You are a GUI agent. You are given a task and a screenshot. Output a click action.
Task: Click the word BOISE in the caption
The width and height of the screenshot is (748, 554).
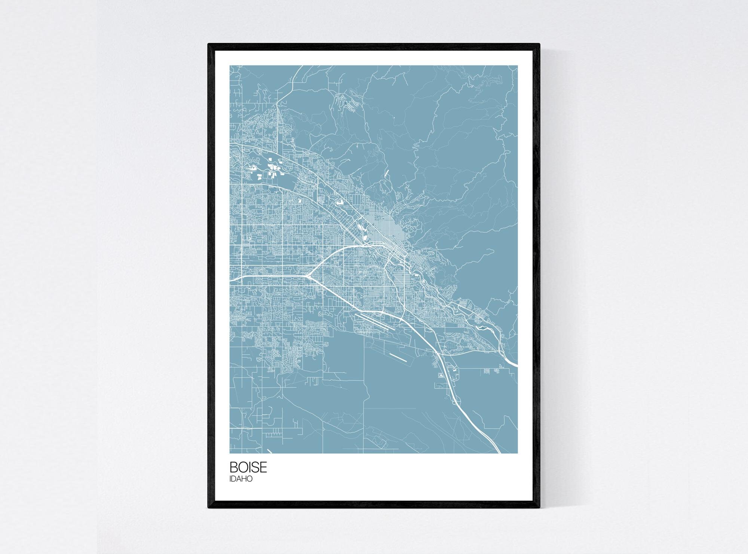(x=248, y=468)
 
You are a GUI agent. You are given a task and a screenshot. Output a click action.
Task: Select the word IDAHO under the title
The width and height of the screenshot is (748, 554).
(x=241, y=479)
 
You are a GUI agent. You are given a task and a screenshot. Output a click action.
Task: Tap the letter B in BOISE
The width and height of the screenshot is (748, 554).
(x=233, y=468)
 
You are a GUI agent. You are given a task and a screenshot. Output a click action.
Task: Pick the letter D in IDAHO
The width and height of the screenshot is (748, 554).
(x=234, y=479)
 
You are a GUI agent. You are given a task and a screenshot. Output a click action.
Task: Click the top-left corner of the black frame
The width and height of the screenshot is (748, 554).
(x=208, y=44)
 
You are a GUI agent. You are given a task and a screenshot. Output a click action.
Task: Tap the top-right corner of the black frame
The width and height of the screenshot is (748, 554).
(x=540, y=44)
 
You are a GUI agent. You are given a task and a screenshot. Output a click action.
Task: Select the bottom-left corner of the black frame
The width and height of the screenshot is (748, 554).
(x=208, y=508)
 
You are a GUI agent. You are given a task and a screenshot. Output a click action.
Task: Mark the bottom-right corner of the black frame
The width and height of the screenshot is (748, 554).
(x=540, y=508)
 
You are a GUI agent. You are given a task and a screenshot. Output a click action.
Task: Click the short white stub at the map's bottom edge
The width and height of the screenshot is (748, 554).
(x=269, y=451)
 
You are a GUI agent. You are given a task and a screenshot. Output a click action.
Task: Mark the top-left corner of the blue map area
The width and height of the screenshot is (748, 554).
(x=230, y=65)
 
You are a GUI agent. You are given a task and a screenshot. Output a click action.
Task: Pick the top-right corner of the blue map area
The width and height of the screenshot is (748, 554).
(x=518, y=65)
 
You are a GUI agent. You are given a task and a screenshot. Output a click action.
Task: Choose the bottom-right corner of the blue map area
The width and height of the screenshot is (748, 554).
(x=518, y=453)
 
